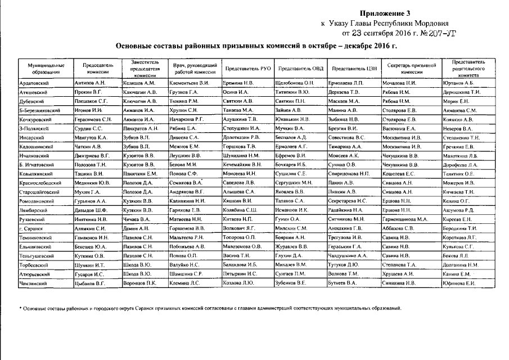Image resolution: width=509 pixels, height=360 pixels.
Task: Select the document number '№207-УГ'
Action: pos(440,33)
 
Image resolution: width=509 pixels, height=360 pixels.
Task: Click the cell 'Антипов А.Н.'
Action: pos(91,83)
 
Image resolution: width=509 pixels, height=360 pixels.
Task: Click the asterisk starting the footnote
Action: pos(20,308)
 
